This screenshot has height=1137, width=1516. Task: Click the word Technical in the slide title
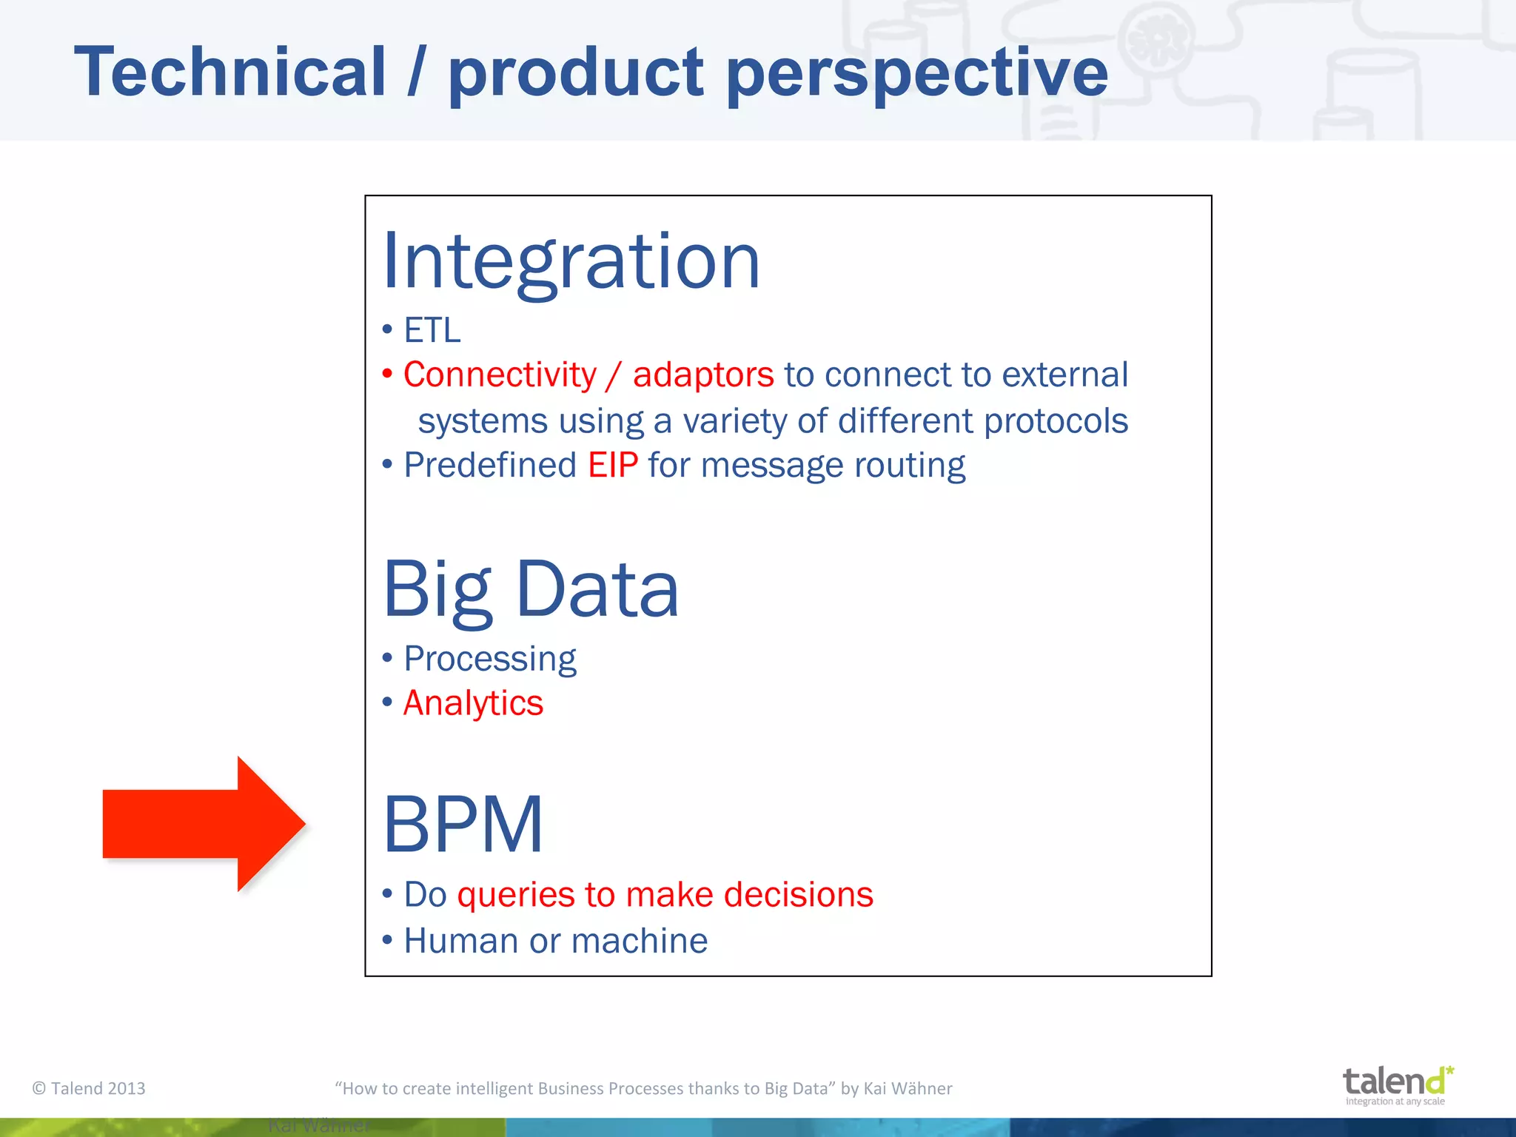[230, 72]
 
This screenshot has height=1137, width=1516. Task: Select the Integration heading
[571, 261]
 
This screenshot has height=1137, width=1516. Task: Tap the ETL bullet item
[432, 330]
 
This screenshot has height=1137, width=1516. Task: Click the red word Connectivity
[500, 375]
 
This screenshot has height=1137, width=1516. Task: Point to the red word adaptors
[702, 375]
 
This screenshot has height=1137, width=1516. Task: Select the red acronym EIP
[613, 466]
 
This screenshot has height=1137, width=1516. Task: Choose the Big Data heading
[530, 589]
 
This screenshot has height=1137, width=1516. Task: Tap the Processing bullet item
[489, 659]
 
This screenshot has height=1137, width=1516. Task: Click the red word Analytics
[473, 703]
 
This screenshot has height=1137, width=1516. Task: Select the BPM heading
[463, 824]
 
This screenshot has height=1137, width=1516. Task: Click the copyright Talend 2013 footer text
[89, 1088]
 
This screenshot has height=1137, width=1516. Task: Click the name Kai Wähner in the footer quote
[908, 1088]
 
